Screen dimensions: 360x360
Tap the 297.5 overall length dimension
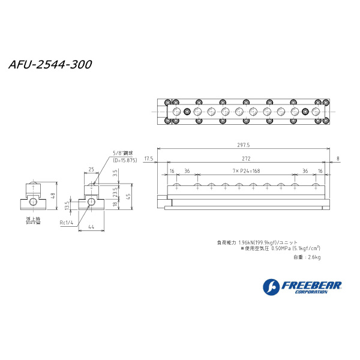(243, 145)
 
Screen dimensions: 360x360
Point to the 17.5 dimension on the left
(149, 159)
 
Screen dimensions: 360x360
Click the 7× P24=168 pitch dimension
(247, 171)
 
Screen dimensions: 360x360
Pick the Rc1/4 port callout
(66, 223)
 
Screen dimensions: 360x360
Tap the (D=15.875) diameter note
(125, 160)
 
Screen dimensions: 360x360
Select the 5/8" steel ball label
(121, 154)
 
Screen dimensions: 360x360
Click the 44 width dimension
(91, 227)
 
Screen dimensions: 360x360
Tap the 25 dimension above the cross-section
(91, 169)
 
